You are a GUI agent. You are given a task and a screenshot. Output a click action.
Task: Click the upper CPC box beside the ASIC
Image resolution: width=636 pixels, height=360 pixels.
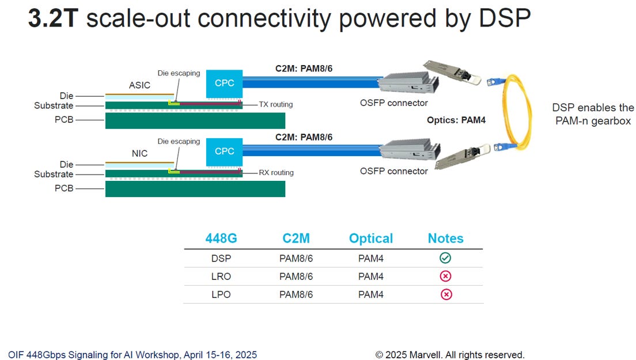224,84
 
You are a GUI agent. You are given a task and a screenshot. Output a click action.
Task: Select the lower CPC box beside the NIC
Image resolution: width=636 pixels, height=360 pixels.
224,151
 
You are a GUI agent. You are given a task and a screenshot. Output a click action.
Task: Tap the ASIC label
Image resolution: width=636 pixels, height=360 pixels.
139,85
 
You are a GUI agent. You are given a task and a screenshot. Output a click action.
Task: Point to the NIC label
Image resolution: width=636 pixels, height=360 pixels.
139,153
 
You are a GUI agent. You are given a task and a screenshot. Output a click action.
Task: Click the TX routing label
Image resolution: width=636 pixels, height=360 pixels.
276,105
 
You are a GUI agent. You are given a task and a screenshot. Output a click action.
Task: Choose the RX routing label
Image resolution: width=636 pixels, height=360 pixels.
276,173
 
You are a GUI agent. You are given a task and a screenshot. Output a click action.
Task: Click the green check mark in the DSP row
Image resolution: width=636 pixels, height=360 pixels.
445,258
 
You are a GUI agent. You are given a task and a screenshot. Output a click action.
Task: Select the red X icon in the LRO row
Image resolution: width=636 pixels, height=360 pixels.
445,276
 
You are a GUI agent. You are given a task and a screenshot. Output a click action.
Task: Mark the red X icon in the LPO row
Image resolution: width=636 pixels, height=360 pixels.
446,294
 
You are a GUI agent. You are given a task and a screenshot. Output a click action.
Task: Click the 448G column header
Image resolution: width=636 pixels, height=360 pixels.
221,238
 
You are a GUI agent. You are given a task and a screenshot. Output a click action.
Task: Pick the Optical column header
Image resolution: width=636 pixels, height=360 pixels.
371,238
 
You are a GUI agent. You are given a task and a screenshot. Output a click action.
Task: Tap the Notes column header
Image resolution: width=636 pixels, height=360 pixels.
445,238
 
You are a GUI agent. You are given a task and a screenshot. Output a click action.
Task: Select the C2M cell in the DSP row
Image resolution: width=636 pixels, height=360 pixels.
296,258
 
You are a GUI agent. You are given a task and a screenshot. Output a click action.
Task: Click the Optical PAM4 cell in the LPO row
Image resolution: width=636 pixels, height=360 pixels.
371,294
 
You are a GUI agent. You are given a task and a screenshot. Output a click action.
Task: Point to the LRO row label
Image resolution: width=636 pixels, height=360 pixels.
221,276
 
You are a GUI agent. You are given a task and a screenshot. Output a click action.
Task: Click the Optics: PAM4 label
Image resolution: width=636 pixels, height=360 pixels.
456,120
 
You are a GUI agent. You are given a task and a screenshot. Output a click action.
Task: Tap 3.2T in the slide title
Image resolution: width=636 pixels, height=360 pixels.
53,18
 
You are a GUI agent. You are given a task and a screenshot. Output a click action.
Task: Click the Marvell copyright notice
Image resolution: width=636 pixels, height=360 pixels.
450,355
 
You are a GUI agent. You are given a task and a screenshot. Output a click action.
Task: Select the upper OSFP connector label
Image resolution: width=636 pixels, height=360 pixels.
394,103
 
